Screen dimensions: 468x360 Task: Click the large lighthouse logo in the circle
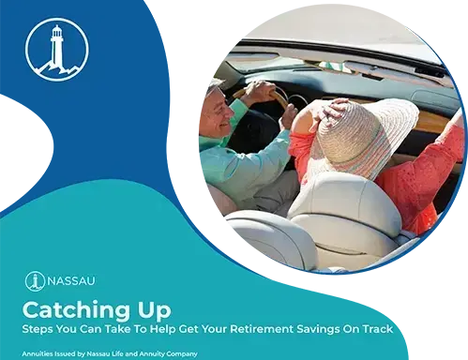[x=57, y=50]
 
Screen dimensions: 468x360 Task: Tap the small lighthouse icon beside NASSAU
[x=35, y=281]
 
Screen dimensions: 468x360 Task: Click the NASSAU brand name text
[x=71, y=280]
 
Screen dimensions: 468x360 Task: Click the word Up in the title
[x=153, y=311]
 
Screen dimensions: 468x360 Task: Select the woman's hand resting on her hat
[x=335, y=110]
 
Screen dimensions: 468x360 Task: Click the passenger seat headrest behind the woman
[x=344, y=204]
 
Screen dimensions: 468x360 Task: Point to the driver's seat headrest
[x=270, y=237]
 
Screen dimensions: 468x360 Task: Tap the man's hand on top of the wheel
[x=258, y=90]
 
